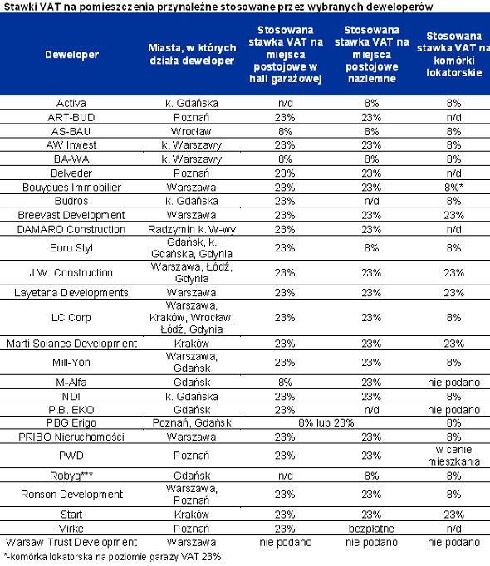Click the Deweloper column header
tap(71, 55)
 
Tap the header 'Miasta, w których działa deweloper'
tap(192, 54)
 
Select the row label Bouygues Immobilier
tap(71, 188)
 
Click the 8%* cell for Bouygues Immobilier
tap(453, 188)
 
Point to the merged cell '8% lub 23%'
tap(326, 422)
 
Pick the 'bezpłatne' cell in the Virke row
tap(371, 529)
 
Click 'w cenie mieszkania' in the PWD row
tap(453, 456)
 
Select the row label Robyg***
tap(71, 476)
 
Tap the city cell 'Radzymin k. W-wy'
tap(192, 230)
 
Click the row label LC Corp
tap(71, 318)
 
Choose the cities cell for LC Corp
tap(192, 317)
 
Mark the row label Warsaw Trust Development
tap(71, 542)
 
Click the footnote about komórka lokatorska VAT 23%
tap(112, 557)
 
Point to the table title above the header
tap(218, 7)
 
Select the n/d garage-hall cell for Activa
tap(285, 103)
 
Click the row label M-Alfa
tap(71, 383)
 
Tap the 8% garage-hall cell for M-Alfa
tap(285, 383)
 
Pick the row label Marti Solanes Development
tap(71, 344)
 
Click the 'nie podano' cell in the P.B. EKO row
tap(453, 410)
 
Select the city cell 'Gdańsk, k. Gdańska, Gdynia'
tap(192, 248)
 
